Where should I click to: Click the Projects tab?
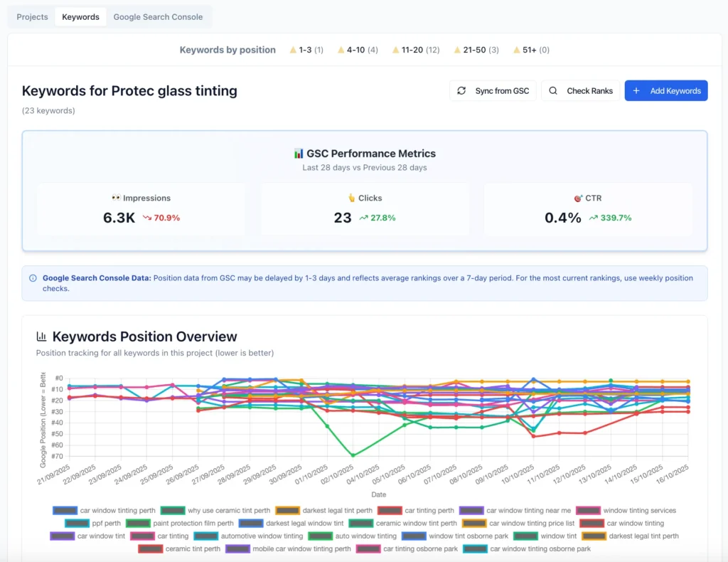tap(32, 16)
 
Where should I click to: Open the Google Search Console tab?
tap(158, 16)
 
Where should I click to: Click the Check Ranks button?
tap(581, 90)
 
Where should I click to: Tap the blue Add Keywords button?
tap(666, 90)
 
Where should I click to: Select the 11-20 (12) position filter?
tap(416, 50)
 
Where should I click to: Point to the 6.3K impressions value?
tap(119, 218)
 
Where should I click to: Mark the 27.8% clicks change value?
tap(377, 218)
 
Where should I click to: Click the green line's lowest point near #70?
tap(353, 455)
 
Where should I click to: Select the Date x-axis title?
tap(378, 494)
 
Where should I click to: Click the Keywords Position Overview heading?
tap(144, 336)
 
